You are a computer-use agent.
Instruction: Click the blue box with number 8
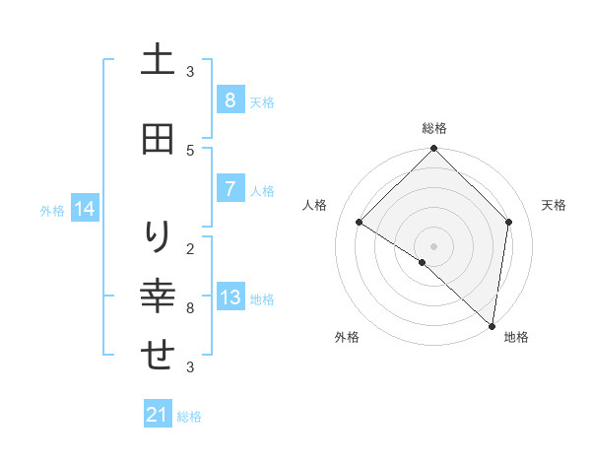tap(230, 100)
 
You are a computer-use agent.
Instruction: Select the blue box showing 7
tap(230, 189)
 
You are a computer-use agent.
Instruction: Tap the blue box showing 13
tap(230, 298)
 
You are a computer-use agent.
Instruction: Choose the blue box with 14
tap(84, 209)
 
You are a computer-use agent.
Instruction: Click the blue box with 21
tap(158, 415)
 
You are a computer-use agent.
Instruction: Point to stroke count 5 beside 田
tap(190, 150)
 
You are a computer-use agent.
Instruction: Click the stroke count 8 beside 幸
tap(190, 308)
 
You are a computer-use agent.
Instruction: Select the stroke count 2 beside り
tap(190, 248)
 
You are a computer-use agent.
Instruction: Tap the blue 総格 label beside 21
tap(189, 417)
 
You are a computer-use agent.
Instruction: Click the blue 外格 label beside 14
tap(52, 210)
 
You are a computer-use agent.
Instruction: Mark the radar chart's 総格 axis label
tap(434, 128)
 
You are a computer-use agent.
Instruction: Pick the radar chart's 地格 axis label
tap(516, 337)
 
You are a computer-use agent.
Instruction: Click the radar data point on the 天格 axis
tap(509, 222)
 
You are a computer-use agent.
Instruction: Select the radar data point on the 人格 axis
tap(360, 222)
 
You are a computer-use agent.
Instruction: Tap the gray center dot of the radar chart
tap(434, 245)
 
